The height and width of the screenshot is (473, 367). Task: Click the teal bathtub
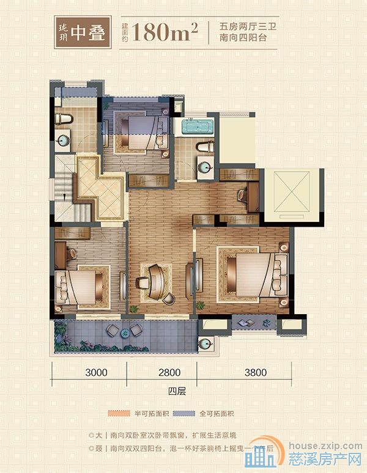pyautogui.click(x=195, y=128)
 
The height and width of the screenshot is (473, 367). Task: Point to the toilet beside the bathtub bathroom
pyautogui.click(x=204, y=147)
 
